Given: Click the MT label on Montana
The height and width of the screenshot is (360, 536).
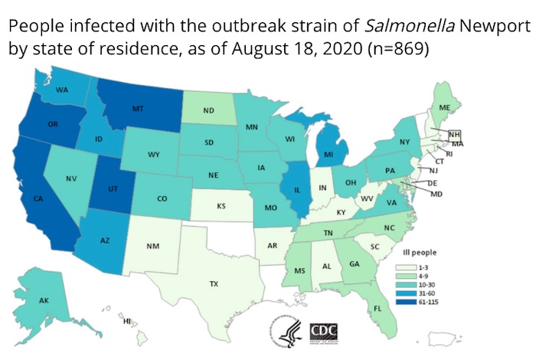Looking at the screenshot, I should click(138, 110).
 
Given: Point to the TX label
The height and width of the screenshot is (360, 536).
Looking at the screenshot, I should click(214, 283).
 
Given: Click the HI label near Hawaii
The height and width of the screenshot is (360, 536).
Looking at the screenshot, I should click(127, 321).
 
